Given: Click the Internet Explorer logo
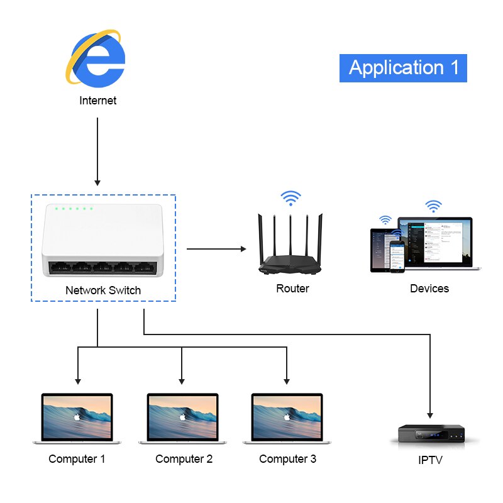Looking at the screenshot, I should [97, 58].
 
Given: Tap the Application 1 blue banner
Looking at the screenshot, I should [403, 68].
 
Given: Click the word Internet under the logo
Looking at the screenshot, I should [97, 100].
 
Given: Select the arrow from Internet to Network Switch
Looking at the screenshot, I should [97, 151].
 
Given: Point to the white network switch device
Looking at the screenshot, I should [102, 241].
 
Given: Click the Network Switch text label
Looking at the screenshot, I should [103, 290].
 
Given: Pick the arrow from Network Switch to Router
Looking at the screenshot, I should [216, 249].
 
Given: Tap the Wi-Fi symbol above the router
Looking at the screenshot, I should [290, 199].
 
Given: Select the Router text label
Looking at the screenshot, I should [292, 289].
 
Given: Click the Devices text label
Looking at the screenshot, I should [429, 289].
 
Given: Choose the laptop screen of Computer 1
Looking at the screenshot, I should [77, 416].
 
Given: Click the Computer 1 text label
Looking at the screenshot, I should [77, 459].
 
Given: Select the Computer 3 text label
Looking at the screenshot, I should [287, 459].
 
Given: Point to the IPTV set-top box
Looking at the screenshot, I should [431, 434].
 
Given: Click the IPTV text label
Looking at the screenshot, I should [430, 460].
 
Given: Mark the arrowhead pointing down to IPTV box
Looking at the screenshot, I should [431, 415].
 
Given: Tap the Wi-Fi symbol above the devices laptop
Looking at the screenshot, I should [433, 206].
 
